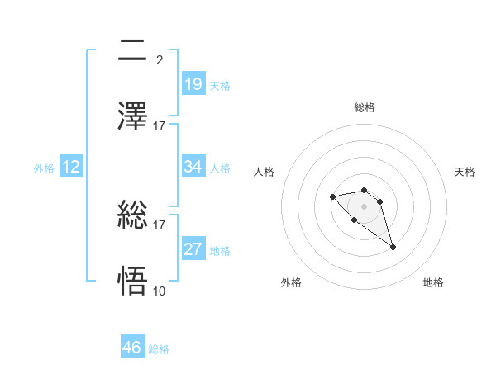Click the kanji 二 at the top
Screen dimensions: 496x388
click(x=133, y=52)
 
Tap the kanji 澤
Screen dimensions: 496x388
click(x=133, y=116)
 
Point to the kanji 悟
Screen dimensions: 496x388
click(x=133, y=282)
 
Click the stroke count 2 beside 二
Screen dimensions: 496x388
click(x=159, y=60)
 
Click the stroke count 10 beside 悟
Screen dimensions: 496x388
click(x=160, y=291)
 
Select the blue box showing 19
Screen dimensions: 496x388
click(x=193, y=83)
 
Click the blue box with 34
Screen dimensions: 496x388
click(x=193, y=167)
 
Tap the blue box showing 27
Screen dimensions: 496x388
click(x=193, y=249)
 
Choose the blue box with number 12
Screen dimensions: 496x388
click(x=71, y=167)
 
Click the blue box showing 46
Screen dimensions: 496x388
click(x=132, y=348)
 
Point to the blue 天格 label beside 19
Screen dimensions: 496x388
click(x=220, y=86)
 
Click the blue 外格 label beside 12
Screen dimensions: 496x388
click(x=44, y=168)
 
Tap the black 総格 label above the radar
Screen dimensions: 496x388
click(x=365, y=107)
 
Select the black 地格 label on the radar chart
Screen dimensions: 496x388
click(x=433, y=282)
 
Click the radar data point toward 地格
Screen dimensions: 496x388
click(x=393, y=247)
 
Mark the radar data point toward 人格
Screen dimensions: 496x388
click(x=332, y=196)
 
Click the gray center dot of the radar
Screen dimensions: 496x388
click(x=364, y=206)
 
